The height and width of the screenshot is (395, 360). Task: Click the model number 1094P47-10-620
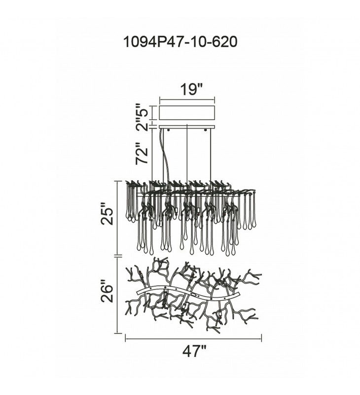(x=180, y=42)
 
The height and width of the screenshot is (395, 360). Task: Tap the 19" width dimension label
(x=191, y=89)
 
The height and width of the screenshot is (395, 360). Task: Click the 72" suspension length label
(x=142, y=154)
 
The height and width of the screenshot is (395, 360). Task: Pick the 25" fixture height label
(x=108, y=214)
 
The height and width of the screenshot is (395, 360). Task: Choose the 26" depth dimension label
(x=108, y=293)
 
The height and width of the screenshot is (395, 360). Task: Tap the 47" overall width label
(x=194, y=351)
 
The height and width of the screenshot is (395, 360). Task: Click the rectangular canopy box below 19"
(x=187, y=113)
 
